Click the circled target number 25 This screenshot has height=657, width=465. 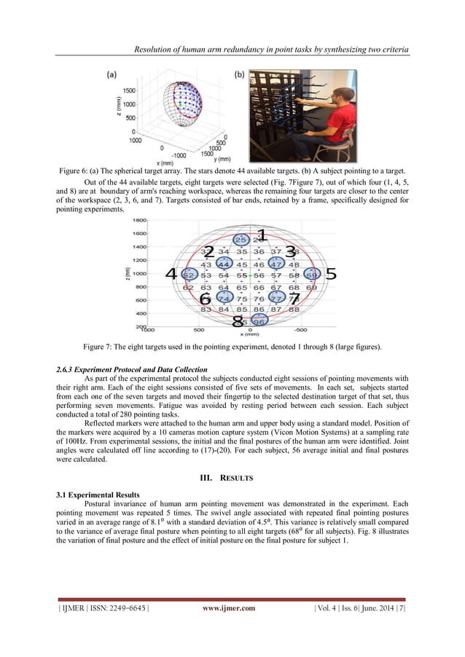coord(240,239)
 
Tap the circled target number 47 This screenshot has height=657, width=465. coord(277,264)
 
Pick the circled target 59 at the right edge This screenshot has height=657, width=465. coord(312,275)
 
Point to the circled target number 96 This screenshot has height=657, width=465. coord(259,340)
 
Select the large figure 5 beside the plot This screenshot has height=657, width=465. coord(329,275)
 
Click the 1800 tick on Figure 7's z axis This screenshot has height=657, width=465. coord(139,220)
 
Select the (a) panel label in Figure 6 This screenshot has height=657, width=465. coord(114,74)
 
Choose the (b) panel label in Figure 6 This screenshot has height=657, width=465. coord(238,74)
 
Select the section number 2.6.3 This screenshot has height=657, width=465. coord(66,370)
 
